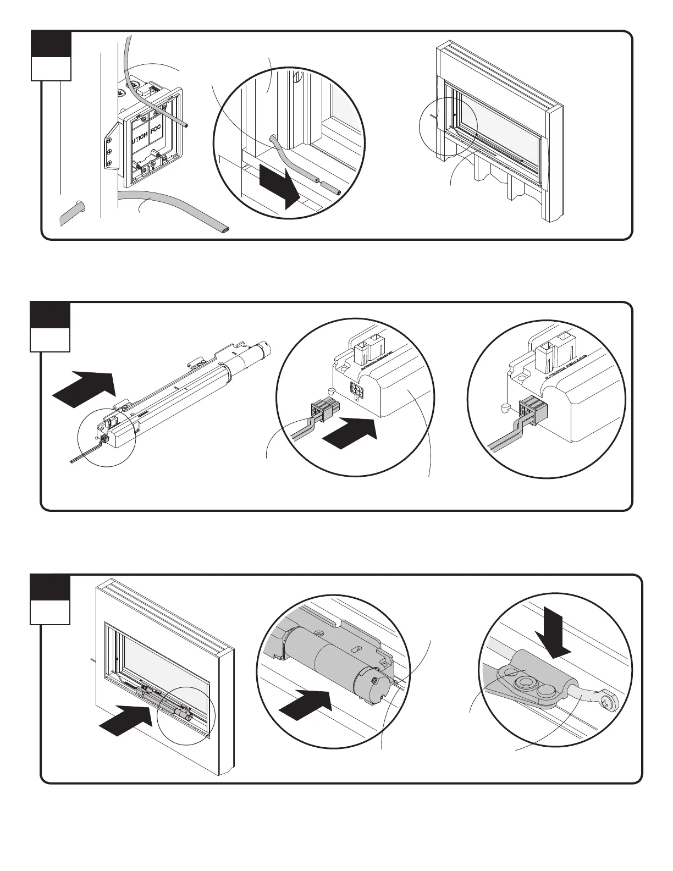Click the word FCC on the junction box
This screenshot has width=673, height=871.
click(158, 134)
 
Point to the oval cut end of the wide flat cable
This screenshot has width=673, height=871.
click(224, 228)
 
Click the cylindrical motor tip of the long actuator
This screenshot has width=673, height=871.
click(266, 348)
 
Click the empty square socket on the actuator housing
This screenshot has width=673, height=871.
click(356, 390)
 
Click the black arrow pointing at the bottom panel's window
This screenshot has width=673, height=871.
click(126, 719)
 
